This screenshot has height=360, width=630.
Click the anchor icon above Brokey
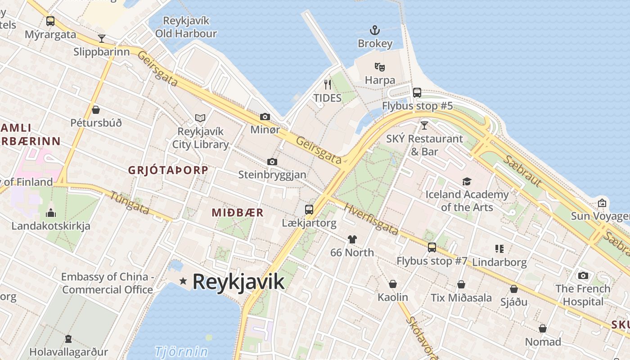tap(375, 31)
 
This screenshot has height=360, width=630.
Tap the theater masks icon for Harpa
tap(380, 67)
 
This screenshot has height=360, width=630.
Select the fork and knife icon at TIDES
tap(328, 84)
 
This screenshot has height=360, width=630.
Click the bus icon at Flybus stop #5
tap(417, 93)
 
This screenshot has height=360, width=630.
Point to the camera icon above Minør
tap(265, 117)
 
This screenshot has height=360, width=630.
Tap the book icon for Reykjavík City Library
tap(200, 118)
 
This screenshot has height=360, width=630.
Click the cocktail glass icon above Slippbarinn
tap(102, 39)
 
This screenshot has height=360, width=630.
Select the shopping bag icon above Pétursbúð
tap(96, 110)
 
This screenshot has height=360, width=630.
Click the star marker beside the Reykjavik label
tap(183, 281)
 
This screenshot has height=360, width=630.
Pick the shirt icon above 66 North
tap(352, 239)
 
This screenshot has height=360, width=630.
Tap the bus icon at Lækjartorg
tap(309, 209)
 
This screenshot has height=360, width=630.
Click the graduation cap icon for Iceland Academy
tap(467, 181)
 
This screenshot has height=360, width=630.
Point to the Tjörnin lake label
tap(181, 351)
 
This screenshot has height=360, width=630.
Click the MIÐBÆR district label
tap(238, 213)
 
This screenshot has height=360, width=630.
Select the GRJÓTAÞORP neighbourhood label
tap(168, 170)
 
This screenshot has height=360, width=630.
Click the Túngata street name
tap(130, 202)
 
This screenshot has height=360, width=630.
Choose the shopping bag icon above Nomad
tap(543, 329)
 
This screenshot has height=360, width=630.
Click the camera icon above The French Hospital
tap(583, 275)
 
